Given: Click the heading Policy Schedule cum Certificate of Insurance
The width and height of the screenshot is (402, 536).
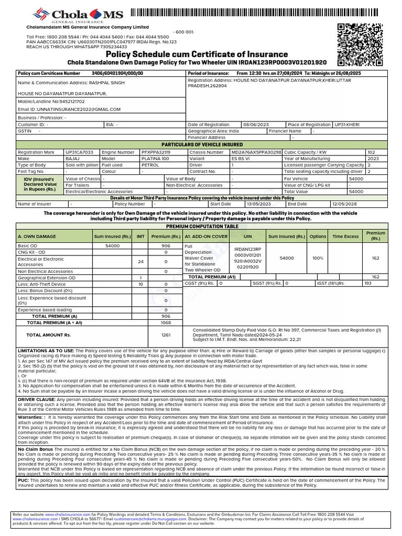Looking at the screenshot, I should (x=197, y=54).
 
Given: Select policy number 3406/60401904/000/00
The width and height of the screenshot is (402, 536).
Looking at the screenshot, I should (x=117, y=74).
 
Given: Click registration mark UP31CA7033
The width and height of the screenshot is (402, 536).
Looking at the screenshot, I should (x=80, y=152).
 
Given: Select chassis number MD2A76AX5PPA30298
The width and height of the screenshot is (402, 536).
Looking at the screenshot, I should (x=256, y=152).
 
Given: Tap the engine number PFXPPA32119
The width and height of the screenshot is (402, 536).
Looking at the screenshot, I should (x=160, y=152).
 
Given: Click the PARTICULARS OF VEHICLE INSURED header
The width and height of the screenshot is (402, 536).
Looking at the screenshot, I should (x=202, y=144).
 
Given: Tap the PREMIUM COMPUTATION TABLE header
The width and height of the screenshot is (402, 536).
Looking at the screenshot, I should (x=202, y=226).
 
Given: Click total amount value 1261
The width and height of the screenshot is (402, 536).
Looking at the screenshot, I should (x=166, y=334).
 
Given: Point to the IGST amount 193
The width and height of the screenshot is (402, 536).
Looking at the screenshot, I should (x=367, y=283).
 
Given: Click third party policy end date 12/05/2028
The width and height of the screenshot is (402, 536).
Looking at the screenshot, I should (x=345, y=204).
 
